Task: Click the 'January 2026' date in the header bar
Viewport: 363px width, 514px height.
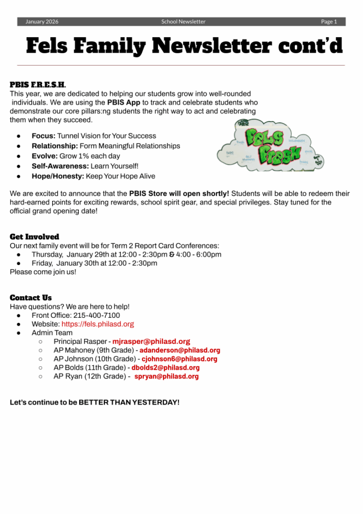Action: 42,22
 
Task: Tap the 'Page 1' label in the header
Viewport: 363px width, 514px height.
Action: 329,22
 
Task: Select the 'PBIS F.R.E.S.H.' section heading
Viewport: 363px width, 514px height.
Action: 38,85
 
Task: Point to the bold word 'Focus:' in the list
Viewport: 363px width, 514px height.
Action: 44,136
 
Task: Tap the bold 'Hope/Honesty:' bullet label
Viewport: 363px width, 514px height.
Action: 58,176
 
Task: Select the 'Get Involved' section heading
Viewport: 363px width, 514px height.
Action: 34,237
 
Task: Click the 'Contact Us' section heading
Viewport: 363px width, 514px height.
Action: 31,298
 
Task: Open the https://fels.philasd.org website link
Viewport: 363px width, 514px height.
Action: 98,324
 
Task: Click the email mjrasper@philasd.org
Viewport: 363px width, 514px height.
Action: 151,341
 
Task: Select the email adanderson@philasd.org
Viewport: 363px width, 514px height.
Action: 179,350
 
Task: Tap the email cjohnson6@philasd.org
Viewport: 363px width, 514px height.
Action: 179,359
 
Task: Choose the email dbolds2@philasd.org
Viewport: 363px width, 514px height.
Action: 165,368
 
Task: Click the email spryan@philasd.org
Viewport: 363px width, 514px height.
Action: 166,376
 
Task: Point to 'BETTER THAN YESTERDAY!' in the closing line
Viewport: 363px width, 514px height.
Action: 129,403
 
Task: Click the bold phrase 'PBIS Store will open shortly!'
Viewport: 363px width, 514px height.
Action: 179,193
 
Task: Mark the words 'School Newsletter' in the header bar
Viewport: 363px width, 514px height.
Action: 183,22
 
